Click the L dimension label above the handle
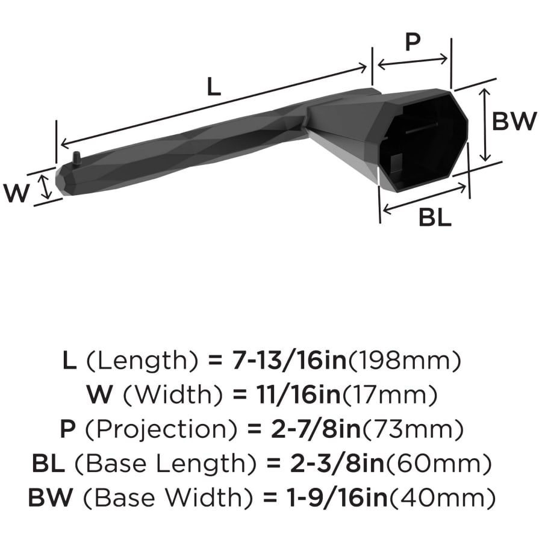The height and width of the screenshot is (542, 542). pyautogui.click(x=214, y=87)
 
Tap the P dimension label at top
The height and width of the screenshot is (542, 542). pyautogui.click(x=413, y=42)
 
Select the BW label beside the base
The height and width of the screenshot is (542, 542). pyautogui.click(x=514, y=121)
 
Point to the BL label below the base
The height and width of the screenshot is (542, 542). pyautogui.click(x=435, y=217)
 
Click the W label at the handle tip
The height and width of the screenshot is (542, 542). pyautogui.click(x=16, y=193)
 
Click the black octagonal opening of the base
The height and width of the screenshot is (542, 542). pyautogui.click(x=423, y=142)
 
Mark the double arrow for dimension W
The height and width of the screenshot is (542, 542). pyautogui.click(x=45, y=187)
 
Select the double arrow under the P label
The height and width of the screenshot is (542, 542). pyautogui.click(x=413, y=61)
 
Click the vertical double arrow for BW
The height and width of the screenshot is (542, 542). pyautogui.click(x=485, y=125)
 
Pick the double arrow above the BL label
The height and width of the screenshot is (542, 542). pyautogui.click(x=425, y=198)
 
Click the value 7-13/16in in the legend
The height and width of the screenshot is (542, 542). pyautogui.click(x=289, y=360)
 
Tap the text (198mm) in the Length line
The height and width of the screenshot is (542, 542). pyautogui.click(x=405, y=360)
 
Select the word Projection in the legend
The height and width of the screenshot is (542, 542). pyautogui.click(x=161, y=429)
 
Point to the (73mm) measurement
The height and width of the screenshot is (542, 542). pyautogui.click(x=413, y=429)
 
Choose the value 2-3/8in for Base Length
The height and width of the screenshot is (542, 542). pyautogui.click(x=337, y=463)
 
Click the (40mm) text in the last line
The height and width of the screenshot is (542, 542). pyautogui.click(x=442, y=498)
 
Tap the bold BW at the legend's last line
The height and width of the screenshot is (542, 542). pyautogui.click(x=51, y=498)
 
